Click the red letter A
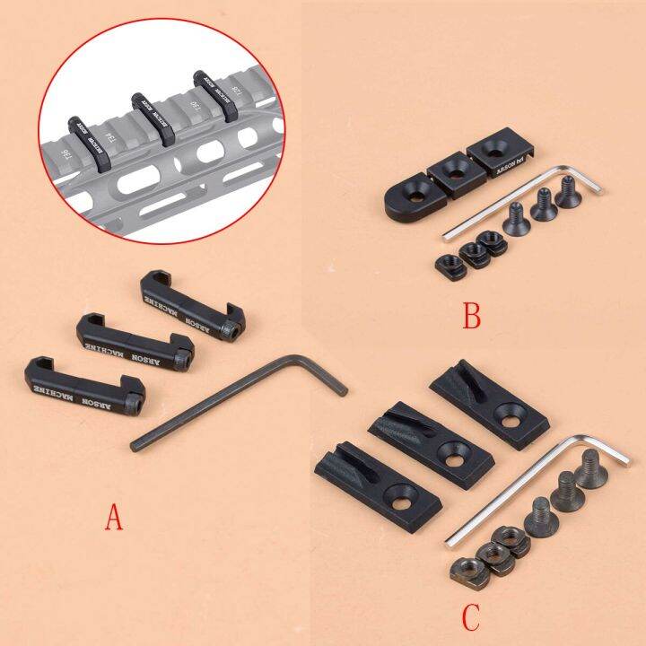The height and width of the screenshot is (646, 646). click(x=114, y=518)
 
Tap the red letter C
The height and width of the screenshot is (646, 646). click(x=473, y=617)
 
